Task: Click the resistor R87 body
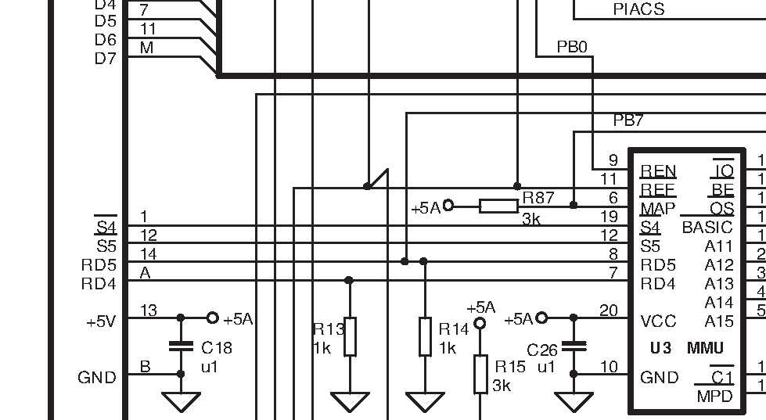[x=498, y=206]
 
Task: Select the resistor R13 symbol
[x=349, y=336]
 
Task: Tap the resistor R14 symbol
[x=424, y=336]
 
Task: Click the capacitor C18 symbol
[x=181, y=346]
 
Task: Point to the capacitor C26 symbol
[x=574, y=346]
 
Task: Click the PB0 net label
[x=572, y=48]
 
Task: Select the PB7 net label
[x=628, y=120]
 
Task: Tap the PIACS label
[x=638, y=9]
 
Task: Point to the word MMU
[x=705, y=347]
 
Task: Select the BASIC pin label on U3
[x=707, y=228]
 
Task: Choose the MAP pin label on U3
[x=658, y=209]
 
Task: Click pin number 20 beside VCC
[x=609, y=311]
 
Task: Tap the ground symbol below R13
[x=349, y=402]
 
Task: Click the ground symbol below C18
[x=181, y=402]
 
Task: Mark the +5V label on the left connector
[x=102, y=321]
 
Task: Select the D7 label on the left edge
[x=105, y=58]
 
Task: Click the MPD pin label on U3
[x=715, y=397]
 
